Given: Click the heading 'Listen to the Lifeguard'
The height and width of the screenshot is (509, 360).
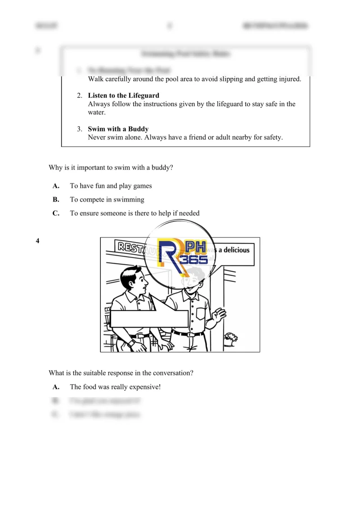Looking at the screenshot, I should click(x=123, y=95).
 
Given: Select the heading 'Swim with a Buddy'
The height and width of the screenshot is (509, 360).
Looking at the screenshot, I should click(x=118, y=129).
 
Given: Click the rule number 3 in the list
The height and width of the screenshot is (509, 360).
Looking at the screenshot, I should click(x=79, y=129).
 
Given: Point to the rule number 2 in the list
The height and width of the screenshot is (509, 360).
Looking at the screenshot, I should click(x=79, y=95).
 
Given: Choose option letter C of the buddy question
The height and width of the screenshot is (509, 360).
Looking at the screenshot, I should click(x=56, y=213).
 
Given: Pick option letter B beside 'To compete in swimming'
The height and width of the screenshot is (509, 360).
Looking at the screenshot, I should click(x=56, y=199).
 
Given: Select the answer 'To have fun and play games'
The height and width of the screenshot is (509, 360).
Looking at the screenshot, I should click(x=111, y=186).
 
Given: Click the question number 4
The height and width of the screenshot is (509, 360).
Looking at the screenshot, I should click(x=37, y=241).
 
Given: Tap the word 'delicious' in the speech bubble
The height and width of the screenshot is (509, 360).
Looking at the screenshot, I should click(x=234, y=250).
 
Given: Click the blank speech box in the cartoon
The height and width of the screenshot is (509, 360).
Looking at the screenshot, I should click(x=149, y=319).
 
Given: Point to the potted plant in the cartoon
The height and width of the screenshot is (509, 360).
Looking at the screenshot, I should click(x=231, y=338).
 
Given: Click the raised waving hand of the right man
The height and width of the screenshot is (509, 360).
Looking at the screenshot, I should click(x=220, y=313).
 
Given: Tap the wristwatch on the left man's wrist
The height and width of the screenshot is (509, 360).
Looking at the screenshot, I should click(x=131, y=343).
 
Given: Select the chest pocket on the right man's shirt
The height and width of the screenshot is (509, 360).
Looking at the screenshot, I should click(x=201, y=313).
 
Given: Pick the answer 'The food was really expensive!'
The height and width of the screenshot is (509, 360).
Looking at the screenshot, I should click(x=115, y=387).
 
